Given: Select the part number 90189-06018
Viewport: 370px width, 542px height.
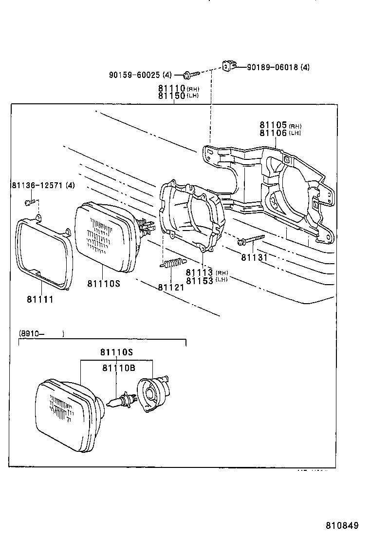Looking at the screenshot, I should point(273,67).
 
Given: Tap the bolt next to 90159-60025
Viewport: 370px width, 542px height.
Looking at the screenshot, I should point(191,75).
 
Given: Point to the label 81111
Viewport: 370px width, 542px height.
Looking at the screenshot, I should point(40,299).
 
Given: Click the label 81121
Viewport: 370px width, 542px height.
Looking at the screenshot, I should point(171,287).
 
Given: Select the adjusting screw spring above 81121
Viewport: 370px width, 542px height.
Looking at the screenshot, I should point(173,263).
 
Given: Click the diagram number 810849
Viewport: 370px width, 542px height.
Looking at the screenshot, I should point(342,526).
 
